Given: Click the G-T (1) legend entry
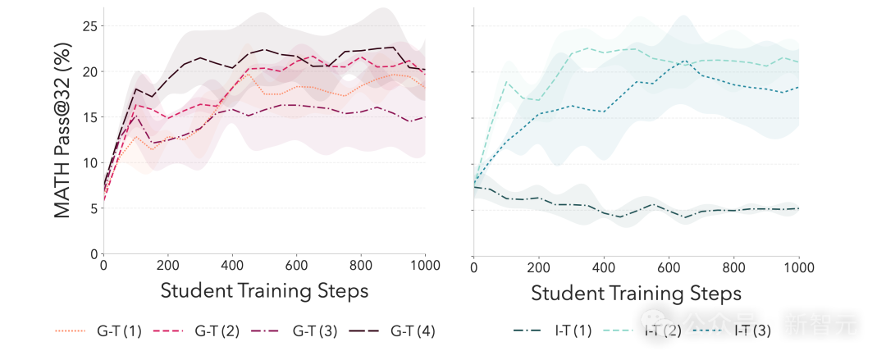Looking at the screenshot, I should pyautogui.click(x=98, y=331).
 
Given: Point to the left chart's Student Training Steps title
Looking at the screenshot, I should pyautogui.click(x=264, y=290).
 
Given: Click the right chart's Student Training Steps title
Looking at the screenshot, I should pyautogui.click(x=636, y=293).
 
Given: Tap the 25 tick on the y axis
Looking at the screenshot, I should pyautogui.click(x=90, y=26).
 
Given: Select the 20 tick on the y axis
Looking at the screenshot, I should pyautogui.click(x=90, y=72).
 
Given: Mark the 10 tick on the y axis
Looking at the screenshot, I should pyautogui.click(x=90, y=163).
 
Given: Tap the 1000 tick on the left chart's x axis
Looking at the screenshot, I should pyautogui.click(x=424, y=266).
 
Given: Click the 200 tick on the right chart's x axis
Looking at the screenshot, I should pyautogui.click(x=538, y=267).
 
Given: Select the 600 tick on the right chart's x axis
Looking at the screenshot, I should pyautogui.click(x=668, y=267).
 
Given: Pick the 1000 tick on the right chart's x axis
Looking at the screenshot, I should pyautogui.click(x=797, y=267).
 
